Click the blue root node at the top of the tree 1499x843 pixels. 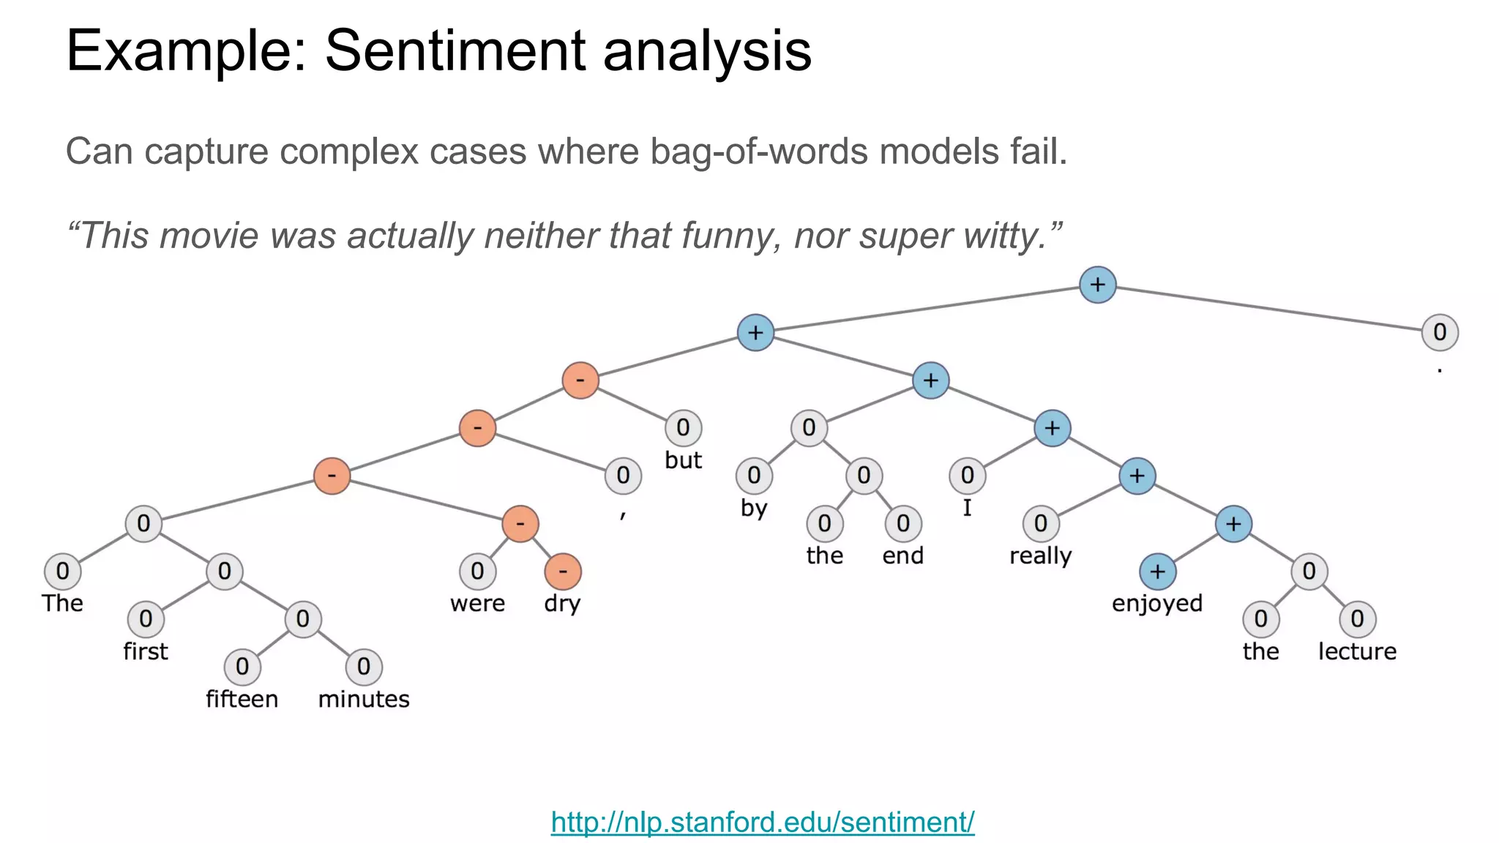(1097, 285)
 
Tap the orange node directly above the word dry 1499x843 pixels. (563, 572)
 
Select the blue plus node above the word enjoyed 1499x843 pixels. (1157, 572)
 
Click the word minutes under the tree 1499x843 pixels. (364, 699)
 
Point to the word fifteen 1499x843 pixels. (242, 699)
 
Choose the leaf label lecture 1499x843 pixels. (1357, 651)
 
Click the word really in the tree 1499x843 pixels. (1040, 556)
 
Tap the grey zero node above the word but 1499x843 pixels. (683, 427)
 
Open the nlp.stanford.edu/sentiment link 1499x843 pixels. (762, 822)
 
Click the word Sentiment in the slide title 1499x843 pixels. (455, 50)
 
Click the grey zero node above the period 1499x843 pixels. (1439, 332)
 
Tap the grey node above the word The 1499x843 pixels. (62, 572)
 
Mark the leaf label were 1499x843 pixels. (477, 604)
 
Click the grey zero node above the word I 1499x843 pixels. (967, 476)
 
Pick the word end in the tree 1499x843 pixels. (902, 556)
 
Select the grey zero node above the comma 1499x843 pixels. (623, 476)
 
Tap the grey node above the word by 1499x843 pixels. (754, 476)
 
